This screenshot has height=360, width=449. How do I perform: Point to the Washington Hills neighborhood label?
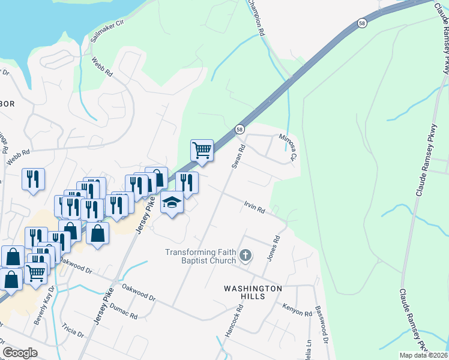(253, 293)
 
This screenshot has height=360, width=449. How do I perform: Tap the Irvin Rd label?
(255, 208)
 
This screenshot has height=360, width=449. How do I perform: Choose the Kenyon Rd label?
(295, 308)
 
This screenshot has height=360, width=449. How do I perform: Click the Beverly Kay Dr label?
(44, 307)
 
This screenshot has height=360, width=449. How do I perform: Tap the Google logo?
(20, 353)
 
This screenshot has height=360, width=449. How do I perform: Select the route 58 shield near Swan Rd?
(240, 129)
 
